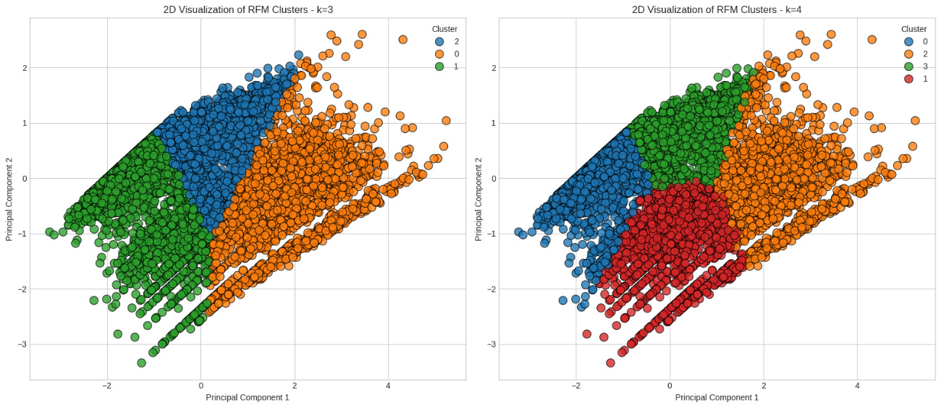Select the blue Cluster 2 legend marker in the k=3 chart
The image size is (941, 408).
439,41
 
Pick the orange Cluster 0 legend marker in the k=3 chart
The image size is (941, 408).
439,54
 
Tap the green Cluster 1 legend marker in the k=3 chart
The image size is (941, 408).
439,66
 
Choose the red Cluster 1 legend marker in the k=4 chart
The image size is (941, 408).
908,78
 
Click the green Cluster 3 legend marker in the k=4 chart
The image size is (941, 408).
908,66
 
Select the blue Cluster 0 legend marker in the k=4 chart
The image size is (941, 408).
908,41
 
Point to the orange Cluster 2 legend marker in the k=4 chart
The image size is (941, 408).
908,54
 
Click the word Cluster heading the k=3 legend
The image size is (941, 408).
444,29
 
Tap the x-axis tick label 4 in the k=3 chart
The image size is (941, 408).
388,386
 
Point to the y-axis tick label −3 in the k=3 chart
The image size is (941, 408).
21,344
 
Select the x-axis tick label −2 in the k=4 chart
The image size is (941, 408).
575,386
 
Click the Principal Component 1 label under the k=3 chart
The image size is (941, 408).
248,397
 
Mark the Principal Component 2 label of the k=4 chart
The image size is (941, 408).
478,199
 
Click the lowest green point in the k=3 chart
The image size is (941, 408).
141,362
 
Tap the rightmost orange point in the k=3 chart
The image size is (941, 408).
446,121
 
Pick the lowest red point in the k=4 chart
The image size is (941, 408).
610,362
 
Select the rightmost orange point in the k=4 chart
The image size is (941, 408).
915,121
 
